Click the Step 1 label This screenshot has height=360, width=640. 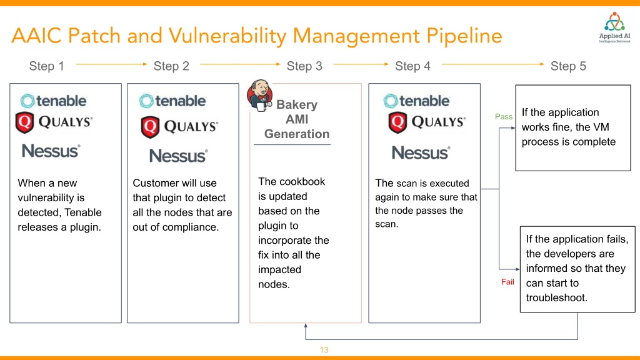tap(46, 66)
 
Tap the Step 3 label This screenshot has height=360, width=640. tap(304, 66)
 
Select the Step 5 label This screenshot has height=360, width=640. tap(568, 66)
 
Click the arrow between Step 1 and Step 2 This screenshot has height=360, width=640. tap(111, 64)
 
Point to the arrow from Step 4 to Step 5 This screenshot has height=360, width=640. tap(492, 64)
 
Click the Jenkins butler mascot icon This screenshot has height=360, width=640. tap(259, 96)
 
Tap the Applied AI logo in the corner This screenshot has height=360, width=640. tap(614, 27)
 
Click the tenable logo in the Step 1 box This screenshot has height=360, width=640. tap(54, 101)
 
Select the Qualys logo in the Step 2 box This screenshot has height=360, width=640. tap(179, 126)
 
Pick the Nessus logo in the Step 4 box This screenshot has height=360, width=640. tap(421, 152)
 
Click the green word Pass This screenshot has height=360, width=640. tap(504, 117)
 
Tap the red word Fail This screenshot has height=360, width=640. tap(507, 282)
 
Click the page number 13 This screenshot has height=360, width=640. tap(324, 350)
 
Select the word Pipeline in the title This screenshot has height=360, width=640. tap(464, 36)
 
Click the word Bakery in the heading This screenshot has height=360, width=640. tap(297, 104)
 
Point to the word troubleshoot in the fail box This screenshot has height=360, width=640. tap(557, 298)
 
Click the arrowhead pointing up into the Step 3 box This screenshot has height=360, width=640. tap(306, 325)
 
